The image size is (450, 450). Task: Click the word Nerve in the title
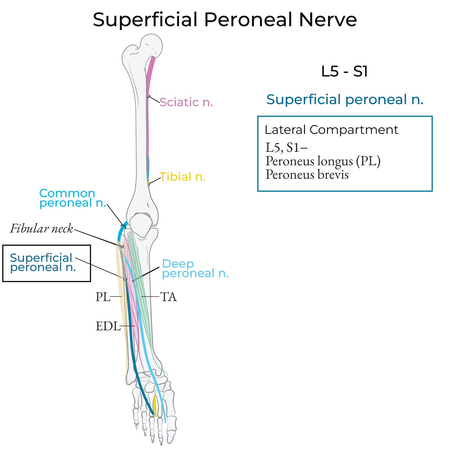point(328,20)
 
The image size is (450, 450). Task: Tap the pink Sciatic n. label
point(186,102)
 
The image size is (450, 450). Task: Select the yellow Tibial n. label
point(183,177)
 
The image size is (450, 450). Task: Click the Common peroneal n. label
point(72,198)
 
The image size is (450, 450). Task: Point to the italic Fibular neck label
point(42,229)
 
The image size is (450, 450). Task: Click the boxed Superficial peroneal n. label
point(43,263)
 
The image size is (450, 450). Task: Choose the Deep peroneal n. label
point(195,269)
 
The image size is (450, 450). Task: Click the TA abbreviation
point(168,297)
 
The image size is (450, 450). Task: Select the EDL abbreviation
point(108,326)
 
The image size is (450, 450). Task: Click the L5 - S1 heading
point(345,71)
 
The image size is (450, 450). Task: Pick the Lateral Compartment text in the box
point(331,130)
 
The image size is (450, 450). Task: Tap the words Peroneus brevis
point(307,174)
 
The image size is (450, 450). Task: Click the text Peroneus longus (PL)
point(323,161)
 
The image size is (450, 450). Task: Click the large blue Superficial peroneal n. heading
point(345,99)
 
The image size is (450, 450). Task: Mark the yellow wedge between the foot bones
point(155,405)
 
